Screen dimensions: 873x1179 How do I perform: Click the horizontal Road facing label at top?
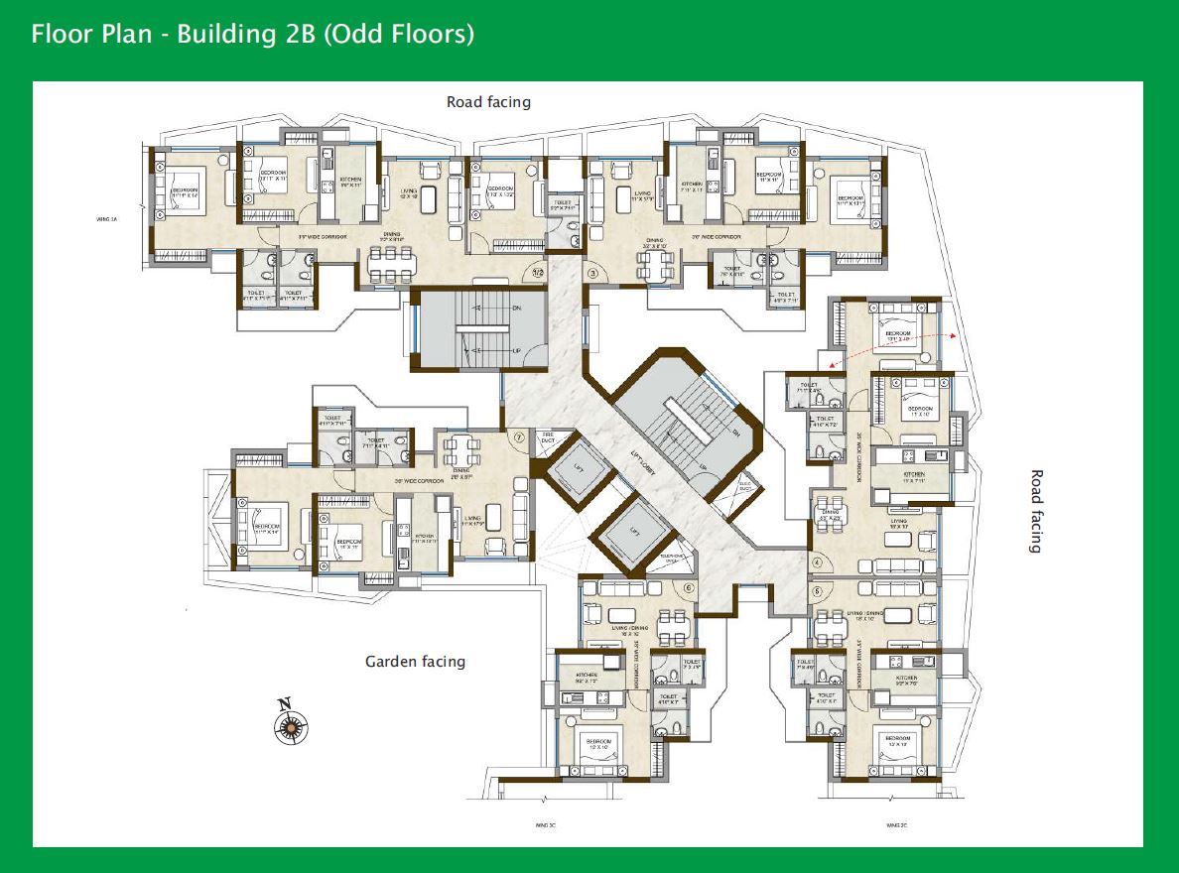[488, 102]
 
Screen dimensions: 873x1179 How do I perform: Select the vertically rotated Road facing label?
[1037, 511]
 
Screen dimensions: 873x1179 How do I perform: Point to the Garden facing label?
[415, 662]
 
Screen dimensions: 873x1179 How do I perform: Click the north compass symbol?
[289, 724]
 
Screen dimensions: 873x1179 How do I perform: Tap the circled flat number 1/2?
[539, 270]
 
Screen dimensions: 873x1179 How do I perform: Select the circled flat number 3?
[593, 272]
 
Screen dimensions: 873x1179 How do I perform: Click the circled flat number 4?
[818, 562]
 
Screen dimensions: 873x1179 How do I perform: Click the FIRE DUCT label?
[547, 437]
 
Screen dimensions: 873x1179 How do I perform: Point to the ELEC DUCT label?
[746, 487]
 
